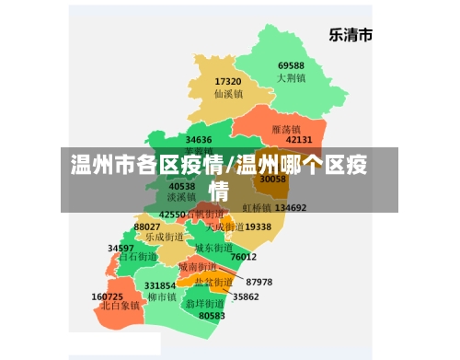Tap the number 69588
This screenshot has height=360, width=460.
click(291, 66)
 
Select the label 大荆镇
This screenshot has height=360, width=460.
click(291, 78)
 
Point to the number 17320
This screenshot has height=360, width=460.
click(227, 82)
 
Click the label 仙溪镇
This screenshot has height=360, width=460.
click(227, 94)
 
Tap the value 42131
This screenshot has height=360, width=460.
click(299, 140)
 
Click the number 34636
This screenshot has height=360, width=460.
click(199, 140)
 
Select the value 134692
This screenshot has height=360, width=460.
click(291, 207)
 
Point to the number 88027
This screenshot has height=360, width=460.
click(147, 226)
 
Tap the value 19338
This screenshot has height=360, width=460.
click(259, 226)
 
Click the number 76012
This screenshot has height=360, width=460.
click(244, 257)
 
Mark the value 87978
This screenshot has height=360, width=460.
click(259, 282)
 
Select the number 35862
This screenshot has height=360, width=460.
click(246, 296)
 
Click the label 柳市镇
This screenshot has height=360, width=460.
click(162, 297)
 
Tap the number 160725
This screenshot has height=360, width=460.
click(108, 296)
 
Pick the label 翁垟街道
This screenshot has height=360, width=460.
click(204, 303)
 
